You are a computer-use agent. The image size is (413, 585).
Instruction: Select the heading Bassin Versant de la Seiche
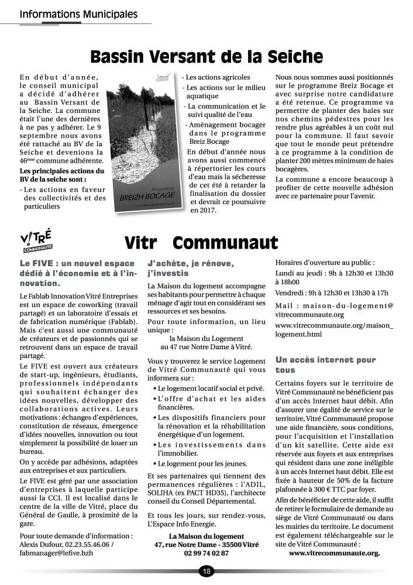point(206,57)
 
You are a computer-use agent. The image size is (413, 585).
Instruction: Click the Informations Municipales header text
point(79,13)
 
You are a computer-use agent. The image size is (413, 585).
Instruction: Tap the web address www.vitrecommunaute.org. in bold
point(334,553)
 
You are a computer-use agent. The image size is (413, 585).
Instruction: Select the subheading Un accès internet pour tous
point(325,365)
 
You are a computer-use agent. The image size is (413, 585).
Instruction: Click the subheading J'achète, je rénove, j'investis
point(191,268)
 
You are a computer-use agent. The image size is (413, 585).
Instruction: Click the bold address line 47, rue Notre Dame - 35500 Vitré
point(206,545)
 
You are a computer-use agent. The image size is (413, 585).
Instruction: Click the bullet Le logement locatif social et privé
point(202,388)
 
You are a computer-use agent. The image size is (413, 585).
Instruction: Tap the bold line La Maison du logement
point(206,536)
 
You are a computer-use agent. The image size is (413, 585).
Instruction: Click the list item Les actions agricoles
point(218,77)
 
